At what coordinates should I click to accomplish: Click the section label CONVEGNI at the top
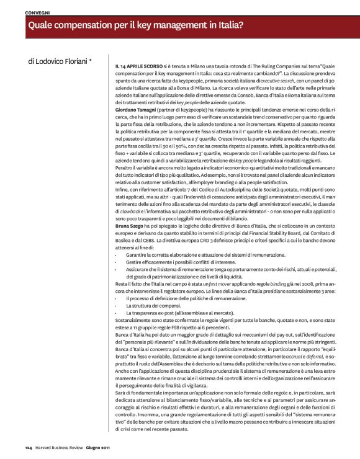tap(38, 12)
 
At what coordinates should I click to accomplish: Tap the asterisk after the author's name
tap(91, 61)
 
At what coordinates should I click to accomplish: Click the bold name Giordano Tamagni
tap(136, 109)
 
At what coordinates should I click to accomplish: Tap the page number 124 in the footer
tap(29, 447)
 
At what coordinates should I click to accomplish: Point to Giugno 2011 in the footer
tap(99, 447)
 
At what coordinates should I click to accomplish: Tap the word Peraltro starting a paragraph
tap(125, 167)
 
